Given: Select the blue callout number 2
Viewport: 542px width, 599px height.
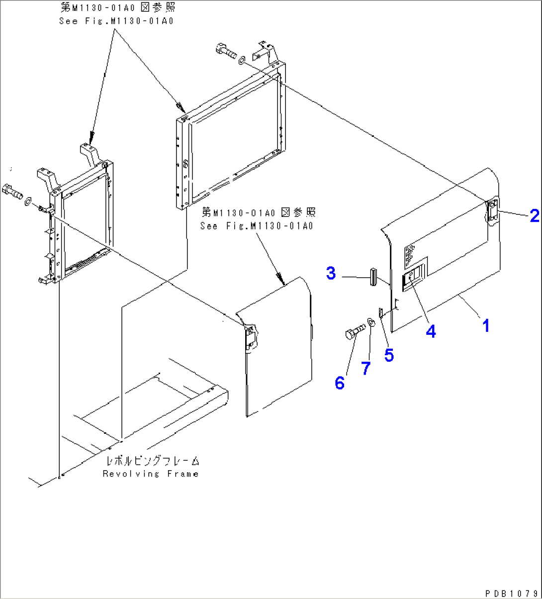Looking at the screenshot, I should click(534, 216).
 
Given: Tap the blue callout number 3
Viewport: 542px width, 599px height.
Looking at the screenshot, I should click(331, 273).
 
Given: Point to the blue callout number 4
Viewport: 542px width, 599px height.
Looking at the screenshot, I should click(431, 331).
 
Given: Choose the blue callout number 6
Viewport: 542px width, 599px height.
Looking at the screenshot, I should click(340, 383).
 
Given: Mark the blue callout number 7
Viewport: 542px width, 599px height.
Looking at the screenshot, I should click(365, 368).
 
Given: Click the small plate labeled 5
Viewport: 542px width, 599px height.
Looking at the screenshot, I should click(381, 313).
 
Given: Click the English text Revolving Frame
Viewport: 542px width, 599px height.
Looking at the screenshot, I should click(151, 474).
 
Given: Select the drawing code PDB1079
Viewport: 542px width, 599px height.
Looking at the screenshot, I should click(511, 592).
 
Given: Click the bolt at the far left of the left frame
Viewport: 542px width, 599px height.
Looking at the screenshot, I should click(13, 190).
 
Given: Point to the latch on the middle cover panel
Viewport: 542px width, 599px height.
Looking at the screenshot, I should click(252, 336).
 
